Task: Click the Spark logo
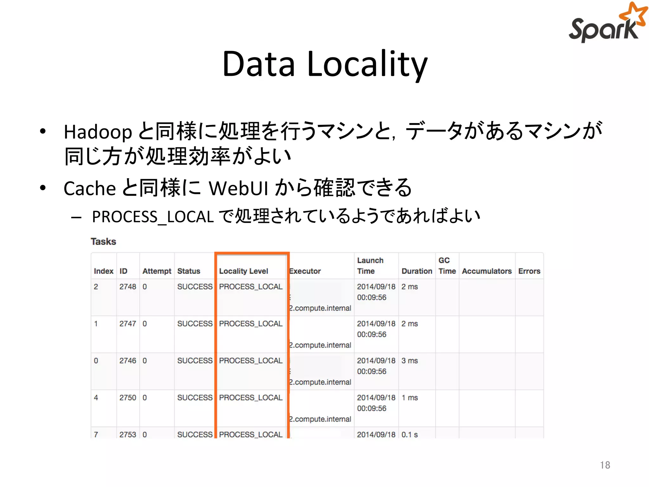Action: (x=607, y=24)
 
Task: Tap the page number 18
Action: (x=605, y=465)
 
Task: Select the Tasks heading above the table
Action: (x=103, y=242)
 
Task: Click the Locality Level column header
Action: (x=243, y=271)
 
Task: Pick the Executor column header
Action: (x=305, y=271)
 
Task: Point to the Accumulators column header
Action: (x=487, y=271)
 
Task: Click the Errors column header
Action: (x=529, y=271)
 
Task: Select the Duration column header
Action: (x=417, y=271)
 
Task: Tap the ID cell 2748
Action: (x=127, y=287)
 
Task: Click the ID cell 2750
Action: (x=127, y=398)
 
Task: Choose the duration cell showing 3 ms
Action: (x=409, y=361)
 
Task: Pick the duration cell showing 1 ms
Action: (x=409, y=398)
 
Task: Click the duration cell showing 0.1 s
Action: (x=409, y=434)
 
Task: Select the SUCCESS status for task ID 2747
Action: (x=195, y=324)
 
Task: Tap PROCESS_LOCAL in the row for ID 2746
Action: (x=251, y=361)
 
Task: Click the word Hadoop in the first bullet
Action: (x=98, y=132)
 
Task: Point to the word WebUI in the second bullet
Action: (x=238, y=188)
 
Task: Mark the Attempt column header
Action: (x=157, y=271)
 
